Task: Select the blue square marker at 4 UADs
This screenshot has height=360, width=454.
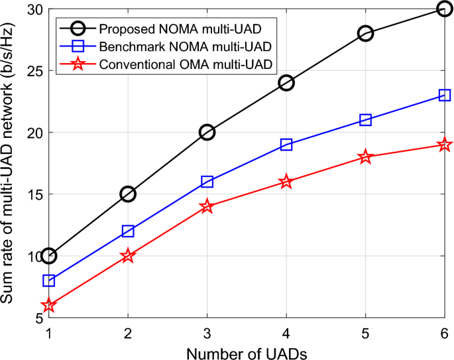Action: [286, 145]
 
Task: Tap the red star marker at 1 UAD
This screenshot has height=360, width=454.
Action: [48, 306]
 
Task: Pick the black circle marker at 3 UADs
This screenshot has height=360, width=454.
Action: [207, 133]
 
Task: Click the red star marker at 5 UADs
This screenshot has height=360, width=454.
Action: [365, 157]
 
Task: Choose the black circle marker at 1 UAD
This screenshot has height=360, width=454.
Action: [48, 256]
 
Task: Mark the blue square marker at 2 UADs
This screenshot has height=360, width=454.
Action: [128, 231]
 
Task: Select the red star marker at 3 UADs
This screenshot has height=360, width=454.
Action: [207, 207]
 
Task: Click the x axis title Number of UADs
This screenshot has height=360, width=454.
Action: [247, 351]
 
